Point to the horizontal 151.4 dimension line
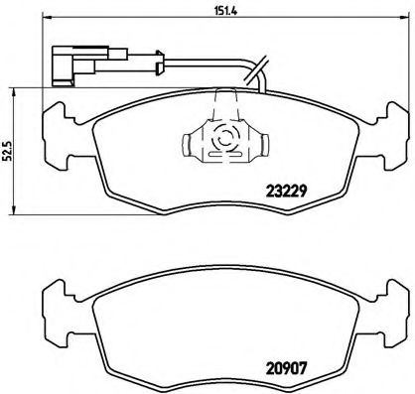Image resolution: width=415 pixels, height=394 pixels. tap(207, 22)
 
